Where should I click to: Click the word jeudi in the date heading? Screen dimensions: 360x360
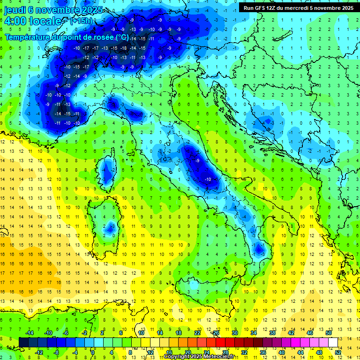16,10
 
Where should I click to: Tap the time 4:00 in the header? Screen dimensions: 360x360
15,21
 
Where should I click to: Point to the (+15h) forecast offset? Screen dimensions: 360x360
81,21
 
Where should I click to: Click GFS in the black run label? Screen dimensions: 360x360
261,7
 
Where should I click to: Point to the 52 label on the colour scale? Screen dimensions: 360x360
338,352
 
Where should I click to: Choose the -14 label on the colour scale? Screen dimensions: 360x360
30,333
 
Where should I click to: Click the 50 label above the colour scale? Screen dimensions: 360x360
329,333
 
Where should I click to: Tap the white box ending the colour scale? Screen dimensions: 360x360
333,342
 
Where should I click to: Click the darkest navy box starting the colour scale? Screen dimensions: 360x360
23,342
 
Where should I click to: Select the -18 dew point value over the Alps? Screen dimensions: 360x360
124,48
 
